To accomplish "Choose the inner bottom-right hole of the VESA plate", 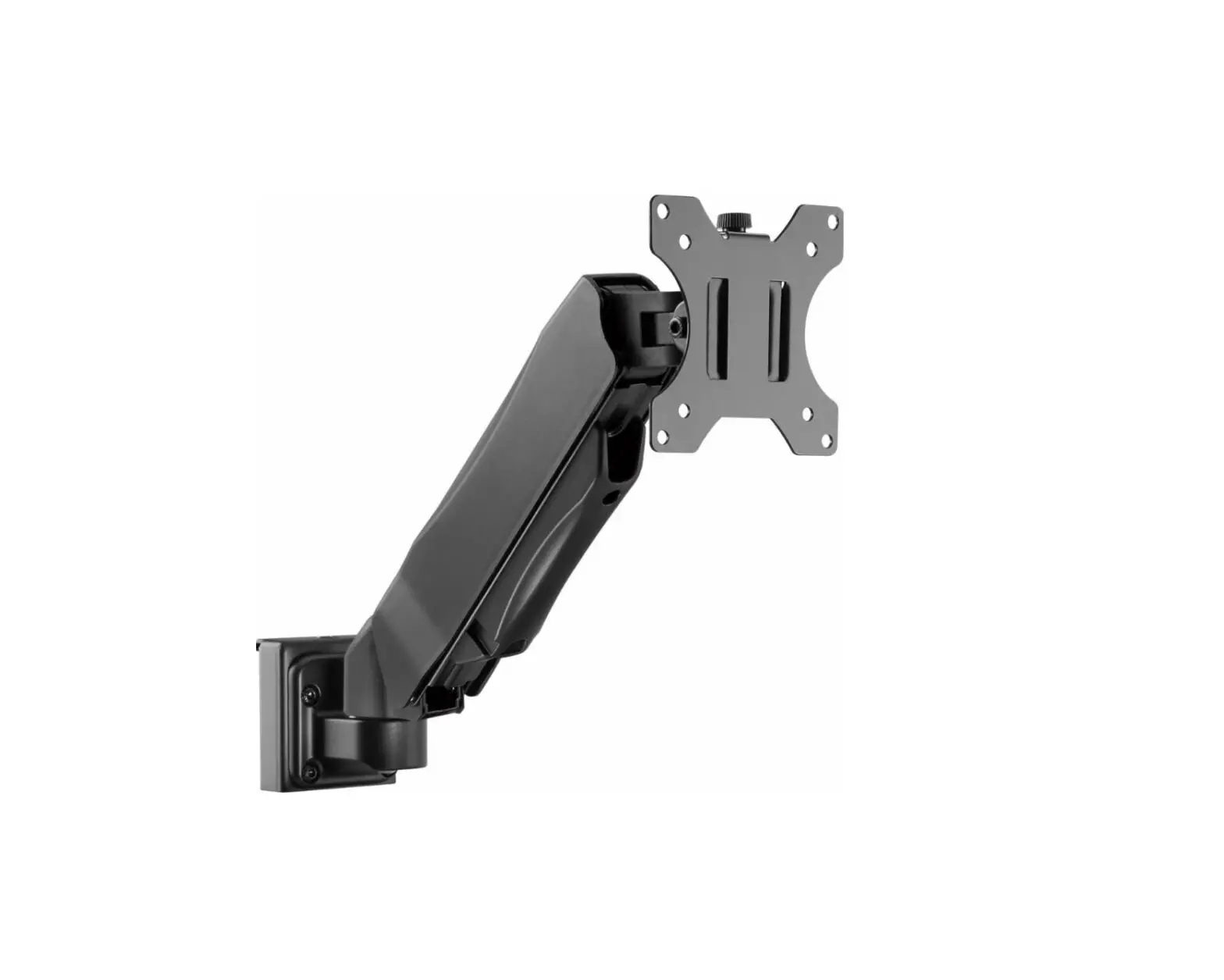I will pos(809,414).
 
